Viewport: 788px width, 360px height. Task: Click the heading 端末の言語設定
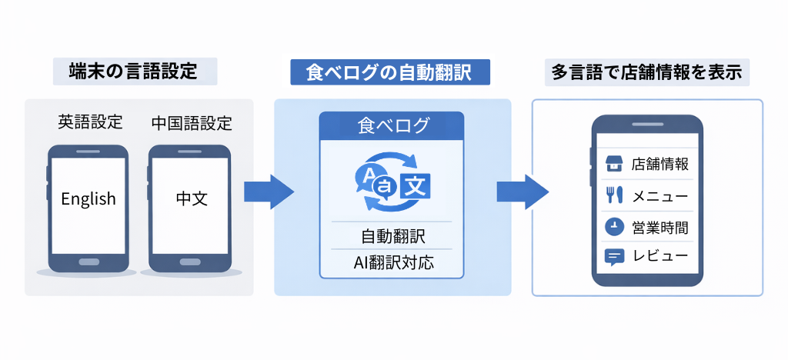click(135, 72)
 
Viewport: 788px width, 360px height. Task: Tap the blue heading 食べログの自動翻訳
click(390, 72)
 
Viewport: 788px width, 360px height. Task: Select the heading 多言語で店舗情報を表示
click(646, 72)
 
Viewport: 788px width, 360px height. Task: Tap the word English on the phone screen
click(88, 198)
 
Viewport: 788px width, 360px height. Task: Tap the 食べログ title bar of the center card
click(392, 125)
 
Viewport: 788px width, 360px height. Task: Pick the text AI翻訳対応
click(392, 262)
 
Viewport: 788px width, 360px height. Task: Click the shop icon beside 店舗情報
click(613, 164)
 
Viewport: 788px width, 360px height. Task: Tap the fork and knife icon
click(613, 195)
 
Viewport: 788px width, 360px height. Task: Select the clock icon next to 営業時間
click(613, 227)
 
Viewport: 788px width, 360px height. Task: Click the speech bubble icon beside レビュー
click(613, 257)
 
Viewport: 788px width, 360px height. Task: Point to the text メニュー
click(659, 196)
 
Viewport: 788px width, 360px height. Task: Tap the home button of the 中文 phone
click(189, 262)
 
